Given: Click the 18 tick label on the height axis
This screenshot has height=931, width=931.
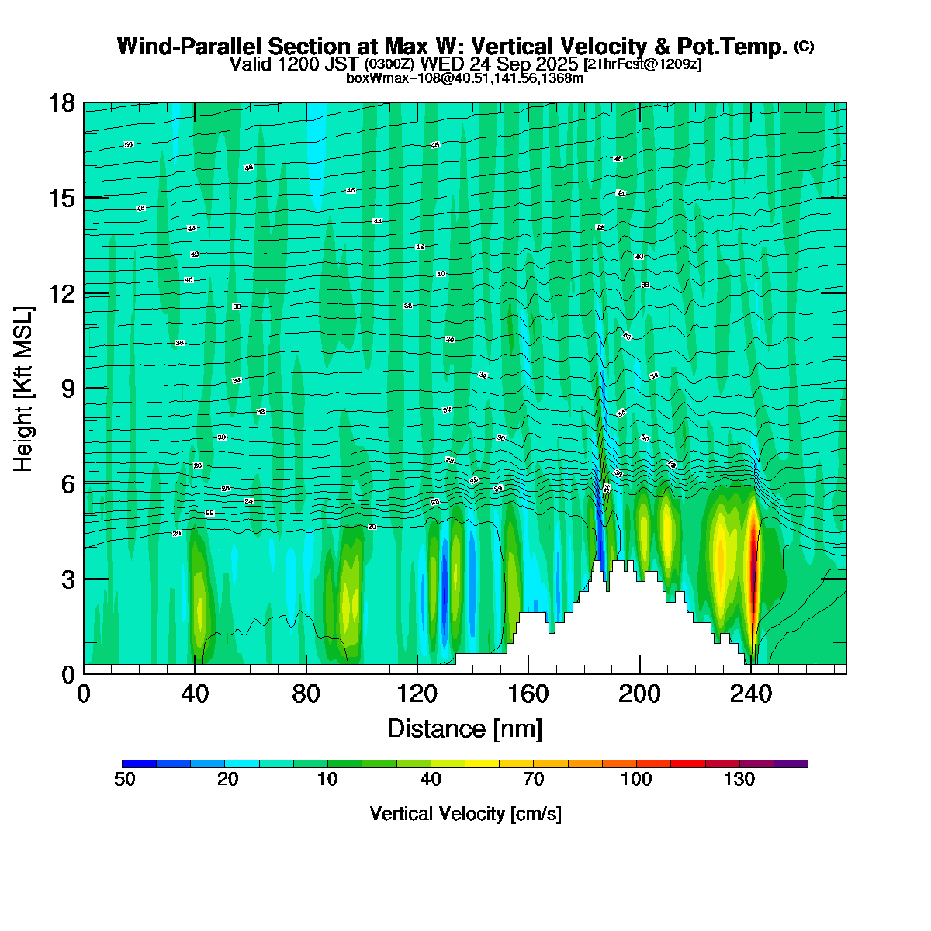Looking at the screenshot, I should point(63,102).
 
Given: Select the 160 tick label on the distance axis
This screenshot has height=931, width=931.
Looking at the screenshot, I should point(528,694).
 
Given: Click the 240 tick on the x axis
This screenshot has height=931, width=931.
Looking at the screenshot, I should point(751,694).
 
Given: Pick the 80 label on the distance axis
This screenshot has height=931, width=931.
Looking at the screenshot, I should point(306,694).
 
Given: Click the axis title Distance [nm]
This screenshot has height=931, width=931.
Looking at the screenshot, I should point(465,729).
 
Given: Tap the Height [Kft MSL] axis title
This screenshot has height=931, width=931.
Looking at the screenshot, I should point(24,389).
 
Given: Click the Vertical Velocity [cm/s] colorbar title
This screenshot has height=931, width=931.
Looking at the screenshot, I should point(465,814).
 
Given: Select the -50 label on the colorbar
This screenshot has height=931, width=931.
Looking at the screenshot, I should point(122,780).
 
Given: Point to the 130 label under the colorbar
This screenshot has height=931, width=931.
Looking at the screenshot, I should point(739,780).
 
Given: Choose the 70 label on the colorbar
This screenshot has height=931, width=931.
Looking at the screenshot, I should point(534,780).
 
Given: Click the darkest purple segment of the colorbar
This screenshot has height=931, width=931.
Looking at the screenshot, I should point(791,763).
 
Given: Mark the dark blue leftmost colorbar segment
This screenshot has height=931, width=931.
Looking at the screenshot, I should point(139,763).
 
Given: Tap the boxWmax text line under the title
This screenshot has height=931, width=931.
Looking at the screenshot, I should point(465,78).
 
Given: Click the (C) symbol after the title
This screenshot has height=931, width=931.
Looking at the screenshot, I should point(804,47).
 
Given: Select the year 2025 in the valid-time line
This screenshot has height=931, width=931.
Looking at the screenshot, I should point(556,64).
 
